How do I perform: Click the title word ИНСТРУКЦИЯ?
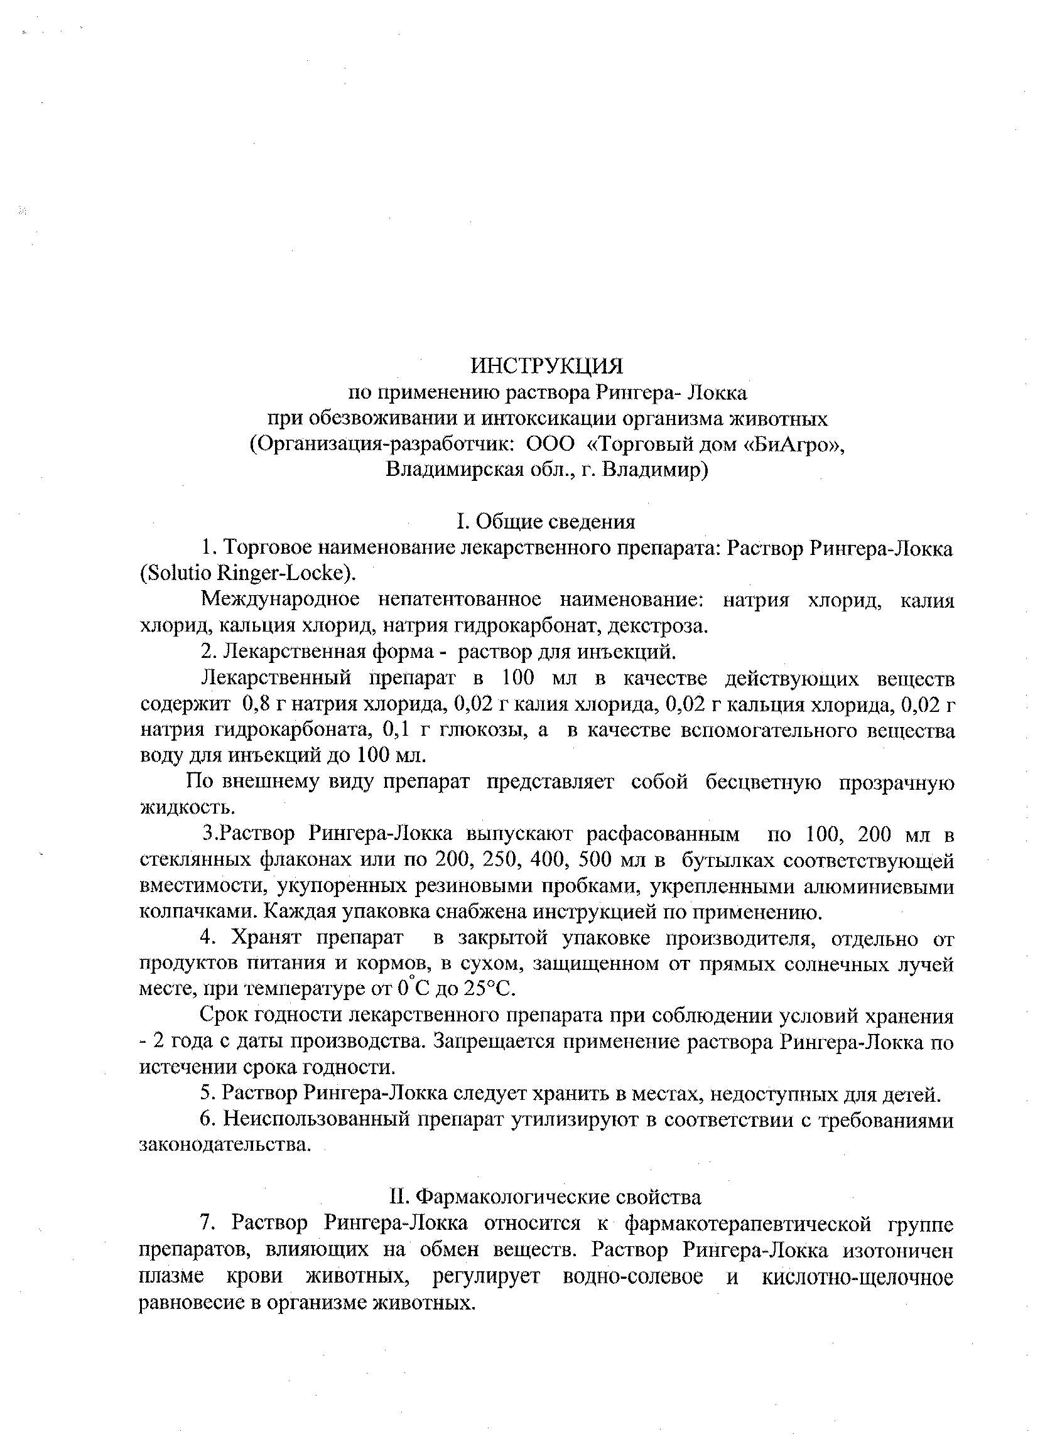pos(546,365)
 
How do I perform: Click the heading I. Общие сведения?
pos(546,522)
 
